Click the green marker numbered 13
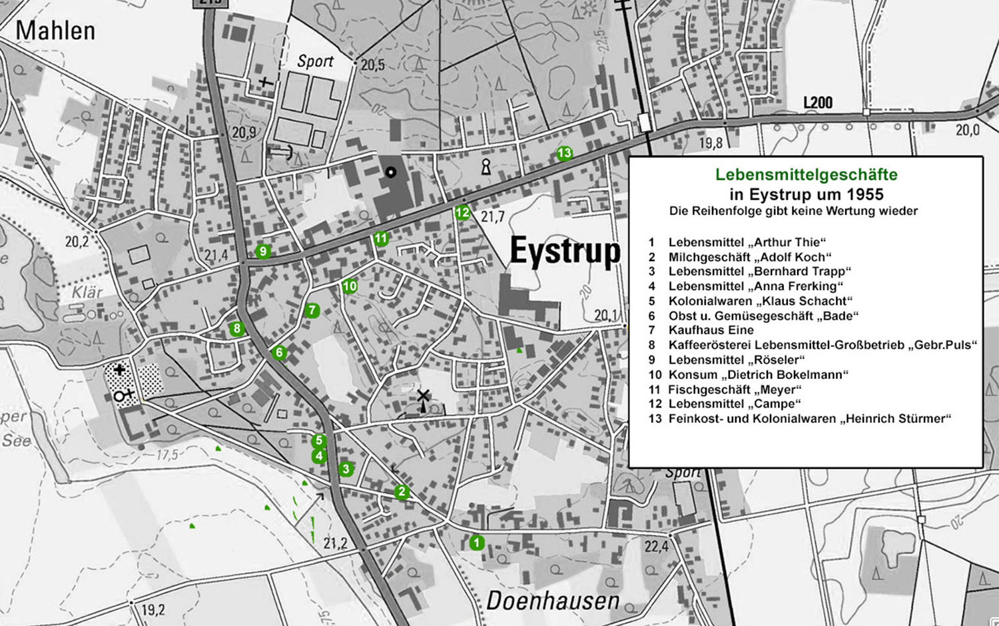(564, 153)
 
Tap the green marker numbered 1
(476, 543)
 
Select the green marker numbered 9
(263, 251)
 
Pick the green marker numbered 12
(462, 213)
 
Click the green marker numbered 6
(279, 353)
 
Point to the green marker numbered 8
(236, 328)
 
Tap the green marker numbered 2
(401, 492)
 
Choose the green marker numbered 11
(380, 238)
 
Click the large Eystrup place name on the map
(565, 252)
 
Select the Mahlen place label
(55, 31)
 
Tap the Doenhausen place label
(553, 601)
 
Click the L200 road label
(817, 103)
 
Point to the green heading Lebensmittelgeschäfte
(806, 175)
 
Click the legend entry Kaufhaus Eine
(711, 330)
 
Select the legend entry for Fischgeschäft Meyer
(734, 390)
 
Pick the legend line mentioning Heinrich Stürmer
(809, 419)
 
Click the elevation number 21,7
(493, 216)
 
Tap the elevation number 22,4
(656, 547)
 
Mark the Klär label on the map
(87, 292)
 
